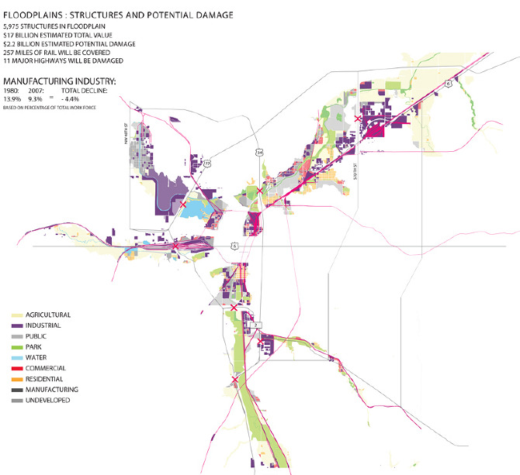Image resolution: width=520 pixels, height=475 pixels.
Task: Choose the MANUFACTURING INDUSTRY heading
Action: click(61, 81)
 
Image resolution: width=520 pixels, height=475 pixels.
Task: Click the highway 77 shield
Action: click(207, 163)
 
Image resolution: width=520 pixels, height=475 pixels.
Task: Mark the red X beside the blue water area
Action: click(183, 205)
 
